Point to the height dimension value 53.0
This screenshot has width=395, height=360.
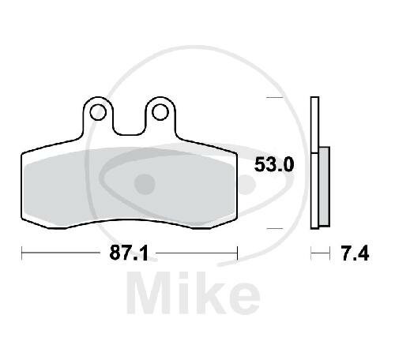273,165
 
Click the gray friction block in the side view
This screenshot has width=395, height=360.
324,186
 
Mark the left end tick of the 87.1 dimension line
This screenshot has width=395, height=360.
21,253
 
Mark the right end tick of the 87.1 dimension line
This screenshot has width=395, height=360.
237,253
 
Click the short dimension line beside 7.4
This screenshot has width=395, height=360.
319,254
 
